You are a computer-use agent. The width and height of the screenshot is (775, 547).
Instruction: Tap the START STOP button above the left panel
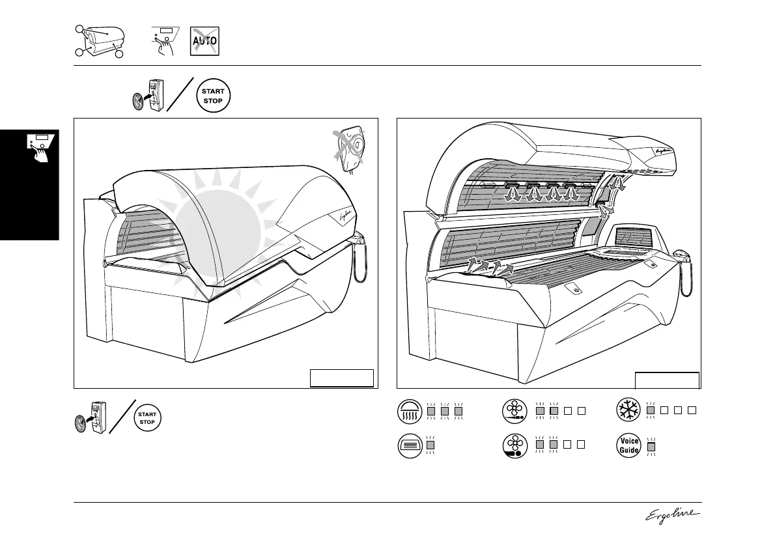point(213,96)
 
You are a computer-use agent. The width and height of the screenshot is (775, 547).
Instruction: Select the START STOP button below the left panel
point(147,418)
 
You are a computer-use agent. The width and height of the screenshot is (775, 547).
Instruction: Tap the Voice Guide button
point(629,445)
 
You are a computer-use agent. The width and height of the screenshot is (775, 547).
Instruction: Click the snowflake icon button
point(629,410)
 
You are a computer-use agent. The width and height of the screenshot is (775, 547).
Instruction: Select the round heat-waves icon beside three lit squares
point(410,411)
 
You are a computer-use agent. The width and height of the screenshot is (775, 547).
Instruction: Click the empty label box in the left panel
point(342,378)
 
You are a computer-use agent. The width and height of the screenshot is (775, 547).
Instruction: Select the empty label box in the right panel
point(667,380)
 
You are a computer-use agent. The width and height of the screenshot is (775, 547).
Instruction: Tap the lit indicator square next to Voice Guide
point(651,445)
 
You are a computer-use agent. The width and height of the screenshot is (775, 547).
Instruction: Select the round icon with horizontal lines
point(410,445)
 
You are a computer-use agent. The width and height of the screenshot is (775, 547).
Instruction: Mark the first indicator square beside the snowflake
point(651,410)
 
